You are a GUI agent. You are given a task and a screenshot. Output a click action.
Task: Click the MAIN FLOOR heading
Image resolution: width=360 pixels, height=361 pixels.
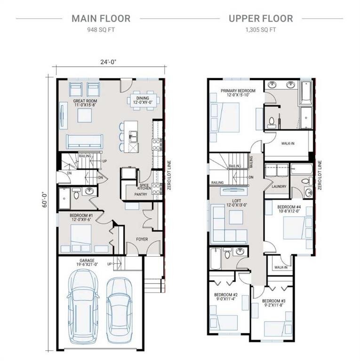[x=101, y=19]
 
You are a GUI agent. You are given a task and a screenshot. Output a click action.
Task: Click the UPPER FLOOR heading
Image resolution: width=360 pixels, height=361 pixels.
[x=261, y=19]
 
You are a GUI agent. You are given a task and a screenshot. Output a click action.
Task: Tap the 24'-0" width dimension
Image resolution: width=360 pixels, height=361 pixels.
[x=108, y=62]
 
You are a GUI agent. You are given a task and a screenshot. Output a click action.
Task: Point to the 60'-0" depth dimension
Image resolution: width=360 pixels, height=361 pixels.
[x=45, y=200]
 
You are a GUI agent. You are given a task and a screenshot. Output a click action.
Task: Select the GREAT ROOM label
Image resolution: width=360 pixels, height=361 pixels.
[x=85, y=101]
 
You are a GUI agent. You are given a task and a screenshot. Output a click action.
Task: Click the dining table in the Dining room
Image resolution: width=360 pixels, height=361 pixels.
[x=143, y=100]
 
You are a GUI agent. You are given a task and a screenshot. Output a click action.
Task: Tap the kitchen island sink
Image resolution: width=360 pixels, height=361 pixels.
[x=134, y=136]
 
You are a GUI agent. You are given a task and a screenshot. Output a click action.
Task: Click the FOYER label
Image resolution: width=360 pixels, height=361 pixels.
[x=142, y=239]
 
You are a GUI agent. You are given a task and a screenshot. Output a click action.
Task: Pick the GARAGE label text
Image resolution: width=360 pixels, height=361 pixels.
[x=86, y=260]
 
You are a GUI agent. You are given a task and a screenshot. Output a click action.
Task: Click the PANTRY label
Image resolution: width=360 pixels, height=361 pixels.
[x=141, y=194]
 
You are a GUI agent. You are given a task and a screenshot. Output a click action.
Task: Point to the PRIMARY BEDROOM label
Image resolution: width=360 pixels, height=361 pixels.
[x=238, y=91]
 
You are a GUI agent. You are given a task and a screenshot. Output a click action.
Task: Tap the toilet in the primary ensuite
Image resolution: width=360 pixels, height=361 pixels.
[x=272, y=122]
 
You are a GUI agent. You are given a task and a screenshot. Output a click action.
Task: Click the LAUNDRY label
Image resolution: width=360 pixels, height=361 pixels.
[x=279, y=187]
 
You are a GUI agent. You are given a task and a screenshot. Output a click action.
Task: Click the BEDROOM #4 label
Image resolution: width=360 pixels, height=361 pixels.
[x=289, y=207]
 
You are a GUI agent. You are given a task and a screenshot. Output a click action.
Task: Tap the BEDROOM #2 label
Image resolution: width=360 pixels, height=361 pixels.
[x=226, y=295]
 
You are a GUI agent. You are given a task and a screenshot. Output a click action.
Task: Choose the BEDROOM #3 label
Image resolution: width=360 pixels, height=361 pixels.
[x=273, y=301]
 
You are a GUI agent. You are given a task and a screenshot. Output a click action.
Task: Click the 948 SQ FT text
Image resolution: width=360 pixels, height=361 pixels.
[x=101, y=30]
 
